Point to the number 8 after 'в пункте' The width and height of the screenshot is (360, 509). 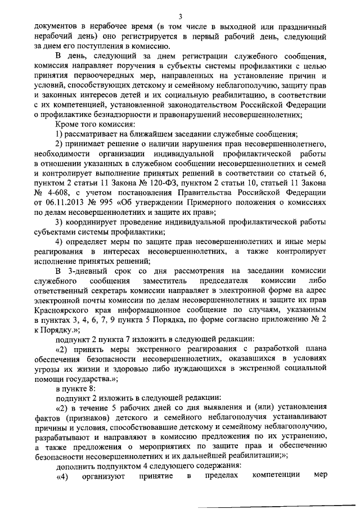93,388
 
